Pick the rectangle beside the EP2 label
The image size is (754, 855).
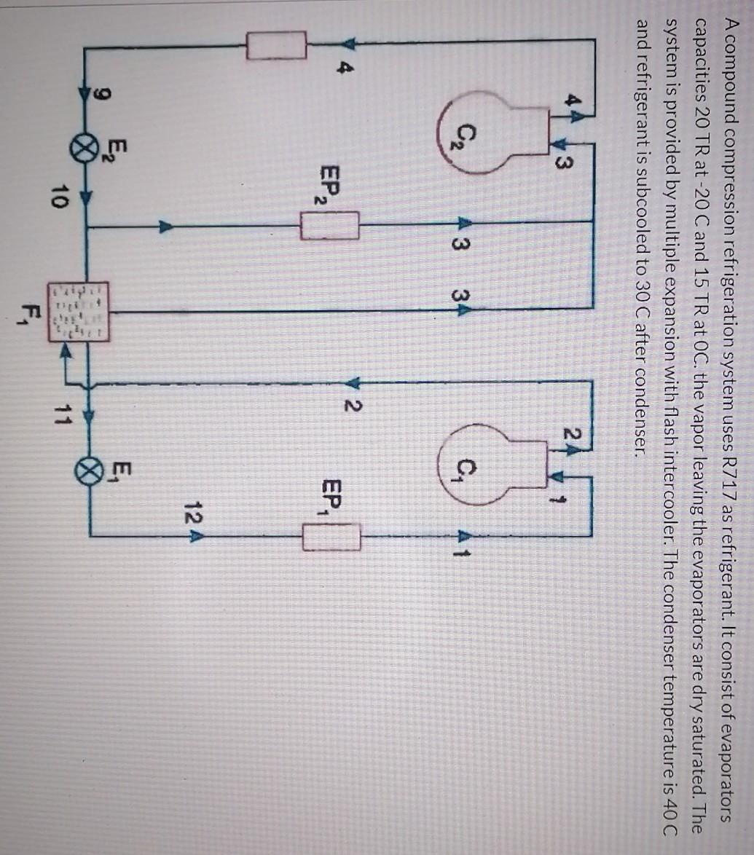point(330,225)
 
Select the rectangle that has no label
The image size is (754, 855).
point(276,46)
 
